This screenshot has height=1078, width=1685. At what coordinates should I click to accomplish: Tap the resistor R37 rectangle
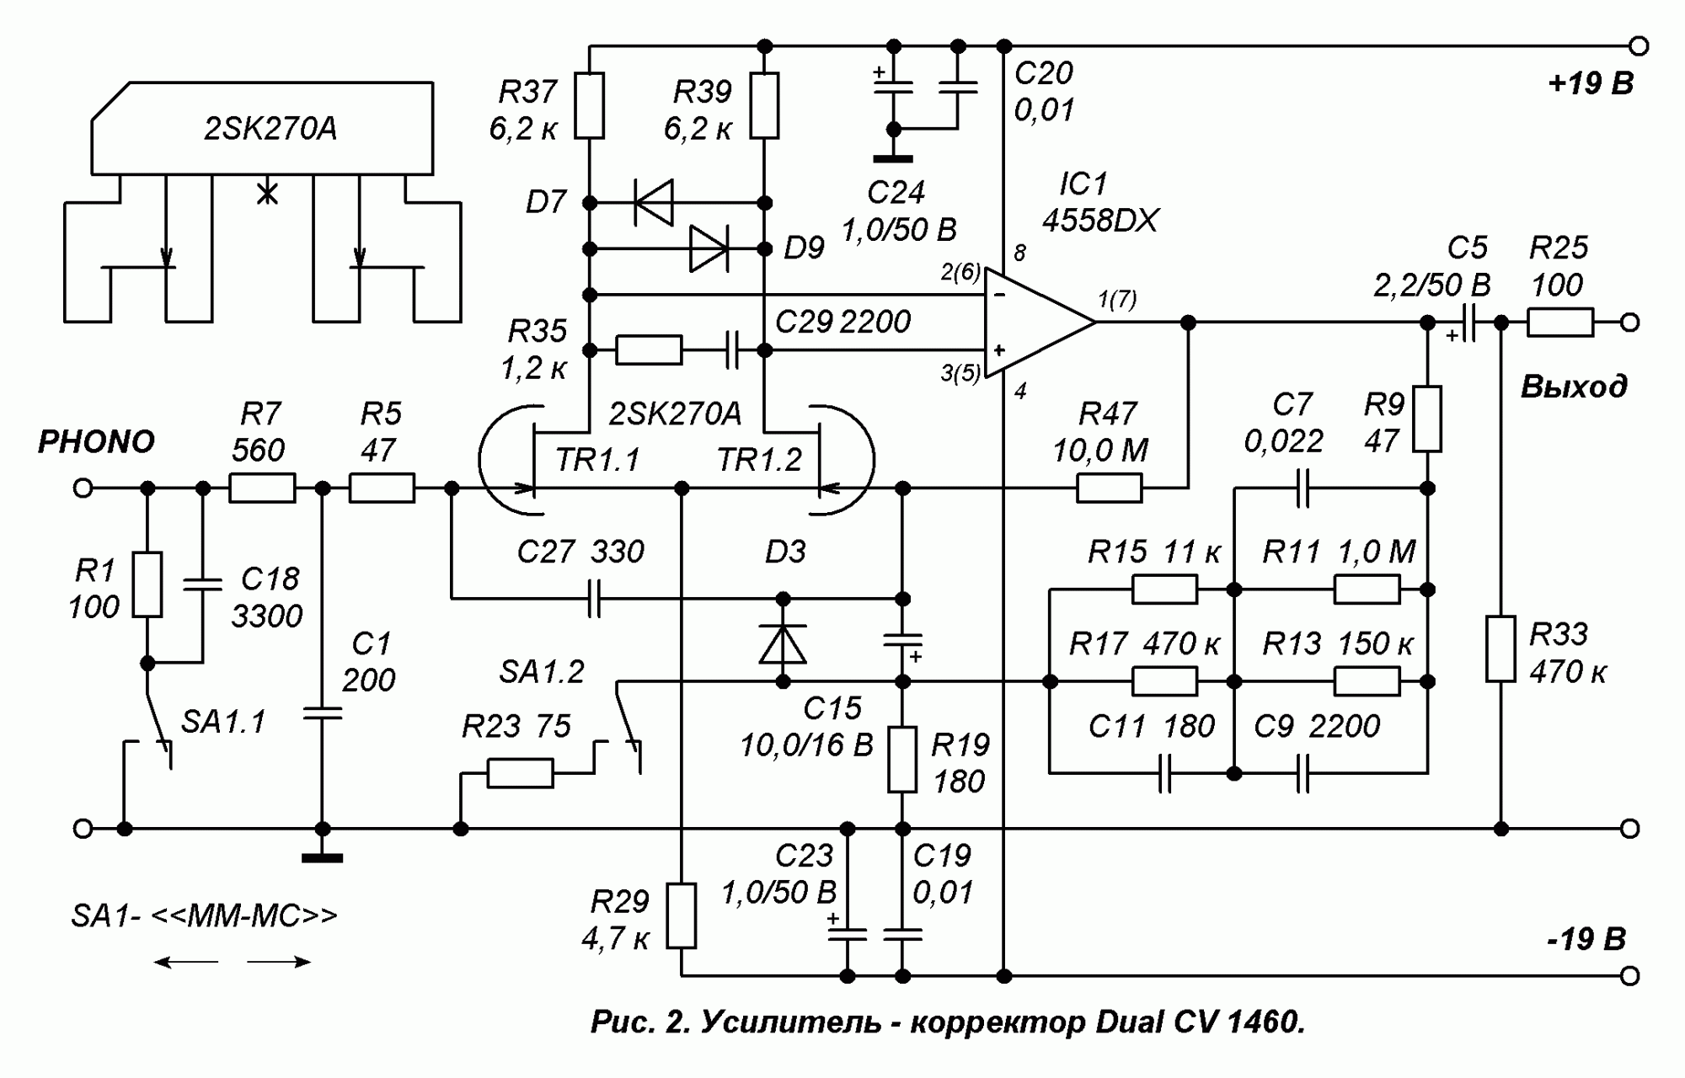(x=590, y=105)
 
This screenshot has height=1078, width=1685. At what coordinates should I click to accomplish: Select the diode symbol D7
(x=655, y=203)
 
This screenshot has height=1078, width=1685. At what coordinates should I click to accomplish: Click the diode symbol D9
(x=709, y=249)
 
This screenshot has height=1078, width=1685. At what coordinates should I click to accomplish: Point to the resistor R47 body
(x=1110, y=488)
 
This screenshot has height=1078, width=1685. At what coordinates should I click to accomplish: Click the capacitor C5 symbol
(x=1469, y=323)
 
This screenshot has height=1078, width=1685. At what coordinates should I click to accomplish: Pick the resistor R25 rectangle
(x=1559, y=323)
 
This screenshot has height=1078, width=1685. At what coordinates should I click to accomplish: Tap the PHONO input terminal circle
(x=83, y=488)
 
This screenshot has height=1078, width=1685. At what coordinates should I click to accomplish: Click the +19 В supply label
(x=1590, y=85)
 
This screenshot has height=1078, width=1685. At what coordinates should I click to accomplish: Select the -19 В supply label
(x=1586, y=940)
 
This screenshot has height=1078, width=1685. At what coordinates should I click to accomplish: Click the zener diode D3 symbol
(x=783, y=644)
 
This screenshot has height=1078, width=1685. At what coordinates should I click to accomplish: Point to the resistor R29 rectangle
(x=682, y=916)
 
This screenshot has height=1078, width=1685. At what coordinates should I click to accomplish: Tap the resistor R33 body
(x=1500, y=648)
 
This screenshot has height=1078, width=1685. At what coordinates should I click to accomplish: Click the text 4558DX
(x=1099, y=221)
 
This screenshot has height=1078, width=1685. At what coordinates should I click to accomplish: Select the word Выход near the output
(x=1573, y=387)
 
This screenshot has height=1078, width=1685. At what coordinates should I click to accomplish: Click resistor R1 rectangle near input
(x=147, y=584)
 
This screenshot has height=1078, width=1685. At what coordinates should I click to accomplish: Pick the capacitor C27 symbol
(x=595, y=599)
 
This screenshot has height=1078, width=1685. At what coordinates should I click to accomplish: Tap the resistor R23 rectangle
(x=521, y=773)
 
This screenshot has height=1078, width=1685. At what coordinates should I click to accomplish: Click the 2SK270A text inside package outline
(x=270, y=129)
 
